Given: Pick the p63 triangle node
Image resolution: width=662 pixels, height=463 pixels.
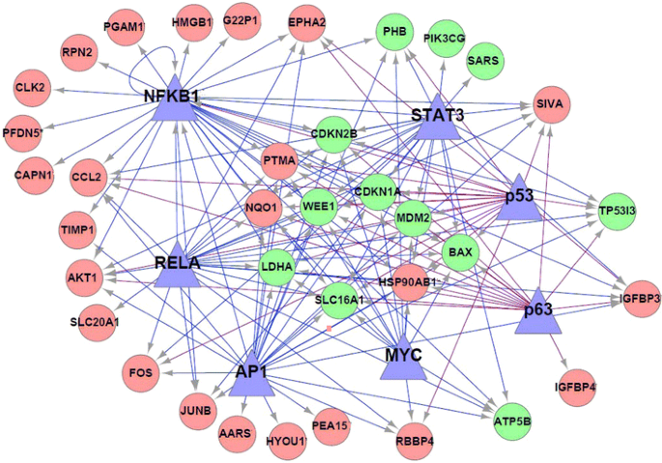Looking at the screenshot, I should point(537,312).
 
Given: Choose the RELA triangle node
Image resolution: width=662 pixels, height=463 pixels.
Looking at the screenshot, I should point(177,265).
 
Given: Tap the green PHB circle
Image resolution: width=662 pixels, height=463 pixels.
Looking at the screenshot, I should point(393,32).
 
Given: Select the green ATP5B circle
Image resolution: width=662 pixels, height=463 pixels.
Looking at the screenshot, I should point(512,421).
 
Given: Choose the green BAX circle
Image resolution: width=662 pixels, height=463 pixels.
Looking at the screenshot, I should point(461,253).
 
